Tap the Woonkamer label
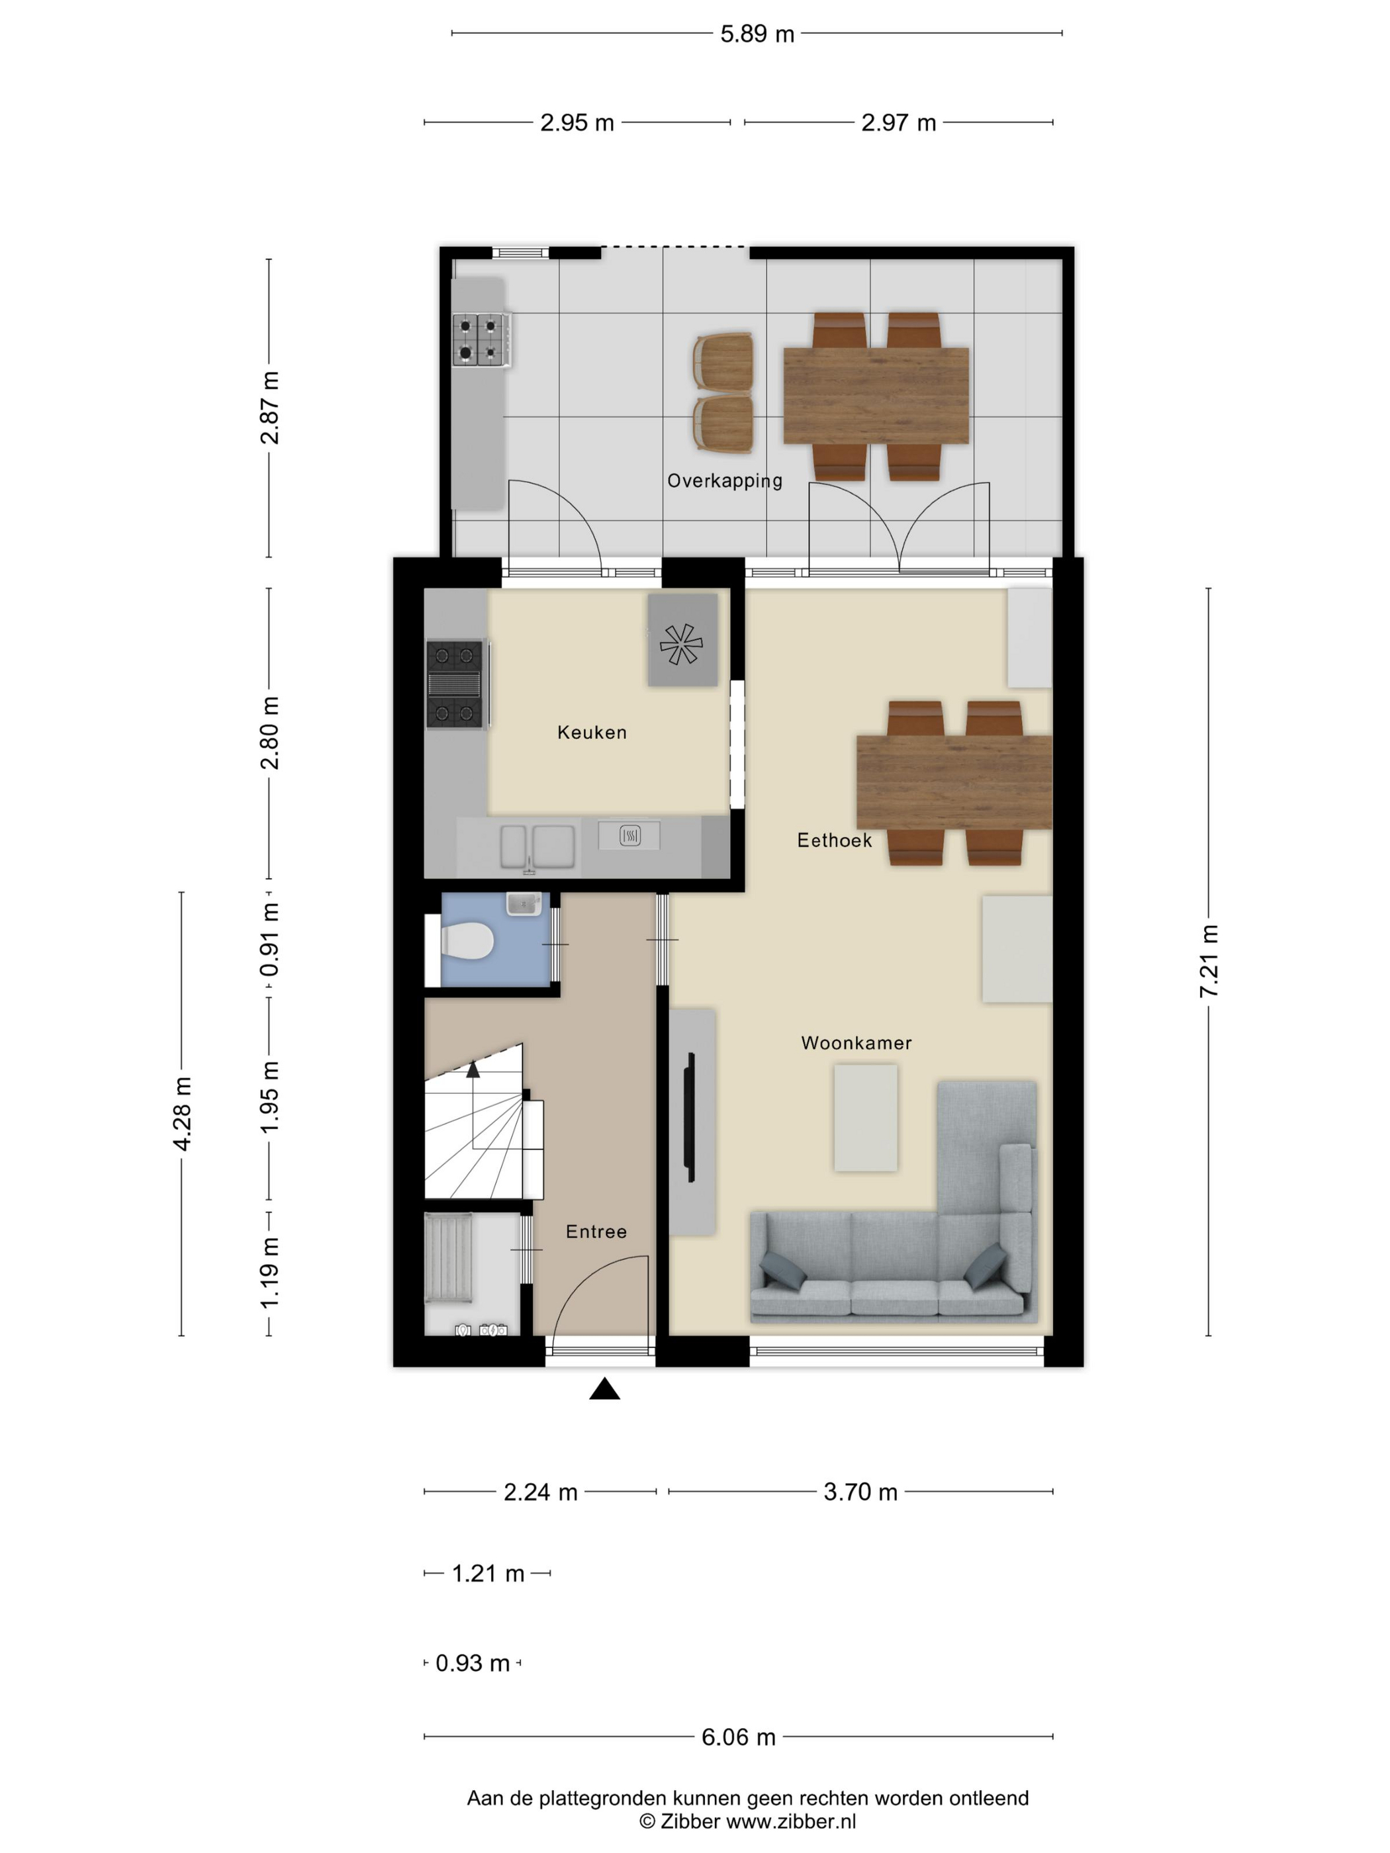pyautogui.click(x=857, y=1043)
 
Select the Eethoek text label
pyautogui.click(x=835, y=840)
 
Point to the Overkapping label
pyautogui.click(x=725, y=481)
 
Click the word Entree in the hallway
pyautogui.click(x=596, y=1232)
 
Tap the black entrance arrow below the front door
pyautogui.click(x=604, y=1390)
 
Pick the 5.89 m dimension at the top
pyautogui.click(x=757, y=34)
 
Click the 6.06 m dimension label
pyautogui.click(x=738, y=1737)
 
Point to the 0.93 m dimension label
pyautogui.click(x=473, y=1663)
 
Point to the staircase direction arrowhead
pyautogui.click(x=473, y=1069)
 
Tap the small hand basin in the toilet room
pyautogui.click(x=524, y=904)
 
